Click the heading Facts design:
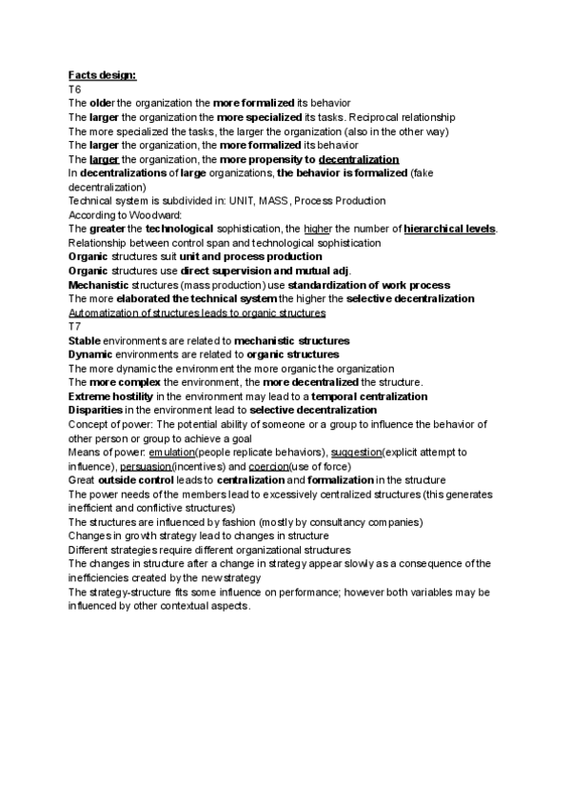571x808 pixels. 102,75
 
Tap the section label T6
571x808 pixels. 75,89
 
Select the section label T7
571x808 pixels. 75,326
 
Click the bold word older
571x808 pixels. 101,103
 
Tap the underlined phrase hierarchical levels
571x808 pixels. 450,230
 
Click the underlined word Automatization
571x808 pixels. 105,313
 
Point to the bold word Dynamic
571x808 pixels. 90,354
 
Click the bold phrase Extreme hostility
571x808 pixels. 110,396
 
